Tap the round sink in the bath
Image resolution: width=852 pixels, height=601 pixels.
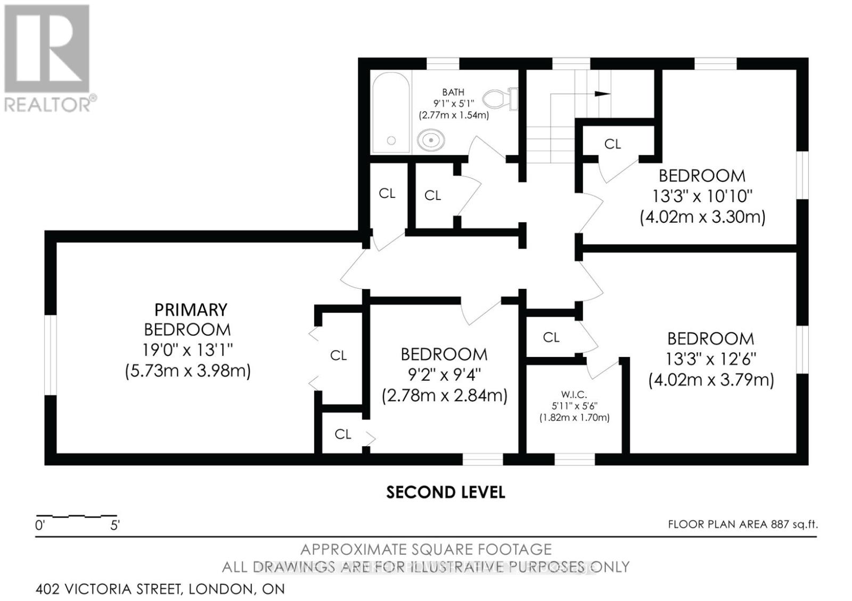[431, 140]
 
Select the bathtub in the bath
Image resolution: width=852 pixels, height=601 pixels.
[391, 112]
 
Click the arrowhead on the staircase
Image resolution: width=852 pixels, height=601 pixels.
[603, 94]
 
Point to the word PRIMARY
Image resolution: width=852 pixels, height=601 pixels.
[191, 310]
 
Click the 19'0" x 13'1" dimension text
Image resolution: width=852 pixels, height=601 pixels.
[187, 350]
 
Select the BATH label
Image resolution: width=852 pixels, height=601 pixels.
[453, 92]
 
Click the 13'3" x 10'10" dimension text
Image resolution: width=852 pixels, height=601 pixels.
[702, 196]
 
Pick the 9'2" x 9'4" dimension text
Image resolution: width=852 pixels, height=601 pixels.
[444, 375]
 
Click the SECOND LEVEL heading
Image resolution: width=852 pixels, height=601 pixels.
[446, 493]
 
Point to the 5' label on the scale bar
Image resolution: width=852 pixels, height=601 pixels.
[115, 525]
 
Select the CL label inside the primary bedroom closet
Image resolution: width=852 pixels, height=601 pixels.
[339, 356]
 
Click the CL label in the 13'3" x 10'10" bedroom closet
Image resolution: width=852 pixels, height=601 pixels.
[612, 144]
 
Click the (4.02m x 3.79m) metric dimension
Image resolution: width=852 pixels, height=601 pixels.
[711, 380]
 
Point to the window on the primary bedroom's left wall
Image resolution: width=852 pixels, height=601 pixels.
[51, 355]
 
